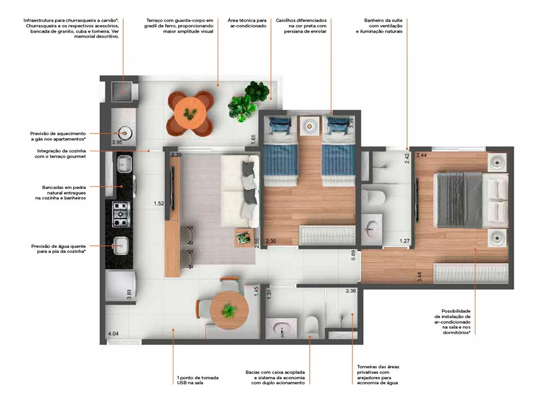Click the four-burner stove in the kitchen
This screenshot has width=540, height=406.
121,214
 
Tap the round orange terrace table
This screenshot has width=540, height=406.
190,113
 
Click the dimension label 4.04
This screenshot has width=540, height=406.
113,333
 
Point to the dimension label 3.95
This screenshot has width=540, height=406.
117,142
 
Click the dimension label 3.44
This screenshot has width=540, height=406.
420,277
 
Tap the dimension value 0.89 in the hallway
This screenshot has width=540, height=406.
353,255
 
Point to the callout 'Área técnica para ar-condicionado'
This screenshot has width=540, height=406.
247,23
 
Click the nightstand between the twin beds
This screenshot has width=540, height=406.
309,127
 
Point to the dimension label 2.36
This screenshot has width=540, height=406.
351,291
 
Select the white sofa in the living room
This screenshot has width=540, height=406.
240,191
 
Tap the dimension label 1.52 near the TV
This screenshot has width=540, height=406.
159,203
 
